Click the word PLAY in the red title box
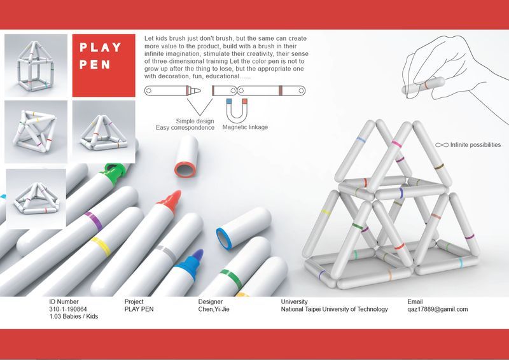(x=101, y=48)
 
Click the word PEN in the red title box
(x=95, y=64)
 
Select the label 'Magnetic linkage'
(x=245, y=127)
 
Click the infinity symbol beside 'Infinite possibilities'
(x=442, y=145)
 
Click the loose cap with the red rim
(x=186, y=156)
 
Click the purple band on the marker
(x=94, y=221)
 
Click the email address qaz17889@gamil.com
(x=438, y=309)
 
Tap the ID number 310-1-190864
(x=68, y=309)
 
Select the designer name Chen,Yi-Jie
(x=214, y=309)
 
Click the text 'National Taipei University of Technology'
(x=335, y=309)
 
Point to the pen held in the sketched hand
(x=423, y=86)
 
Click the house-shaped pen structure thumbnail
(x=36, y=66)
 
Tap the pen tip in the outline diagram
(x=195, y=90)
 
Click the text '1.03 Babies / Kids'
(x=73, y=317)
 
